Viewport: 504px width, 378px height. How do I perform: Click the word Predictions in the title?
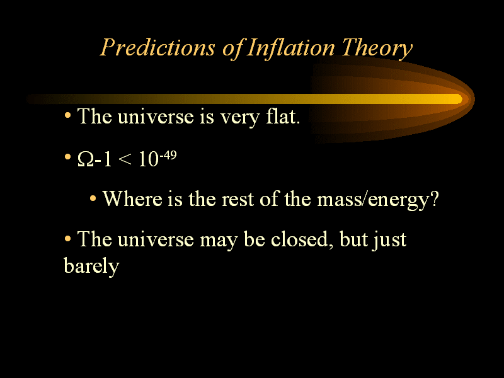pyautogui.click(x=157, y=48)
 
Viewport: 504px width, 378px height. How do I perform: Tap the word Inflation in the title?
pyautogui.click(x=291, y=49)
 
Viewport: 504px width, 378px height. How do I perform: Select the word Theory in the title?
pyautogui.click(x=377, y=49)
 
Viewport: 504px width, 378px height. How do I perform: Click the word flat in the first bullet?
pyautogui.click(x=283, y=116)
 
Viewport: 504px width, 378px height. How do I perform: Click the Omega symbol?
pyautogui.click(x=85, y=159)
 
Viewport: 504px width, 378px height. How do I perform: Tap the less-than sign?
pyautogui.click(x=125, y=159)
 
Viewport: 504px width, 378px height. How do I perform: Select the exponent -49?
pyautogui.click(x=168, y=155)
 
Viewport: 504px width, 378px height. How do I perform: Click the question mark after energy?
pyautogui.click(x=434, y=198)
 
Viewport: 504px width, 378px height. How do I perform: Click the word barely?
pyautogui.click(x=91, y=266)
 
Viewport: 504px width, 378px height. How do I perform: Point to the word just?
pyautogui.click(x=389, y=241)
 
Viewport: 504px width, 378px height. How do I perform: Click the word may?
pyautogui.click(x=219, y=241)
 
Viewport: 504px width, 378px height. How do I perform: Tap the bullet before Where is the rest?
pyautogui.click(x=93, y=198)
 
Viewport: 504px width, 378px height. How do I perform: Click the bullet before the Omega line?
pyautogui.click(x=67, y=157)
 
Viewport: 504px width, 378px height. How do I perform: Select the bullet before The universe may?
pyautogui.click(x=67, y=239)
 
